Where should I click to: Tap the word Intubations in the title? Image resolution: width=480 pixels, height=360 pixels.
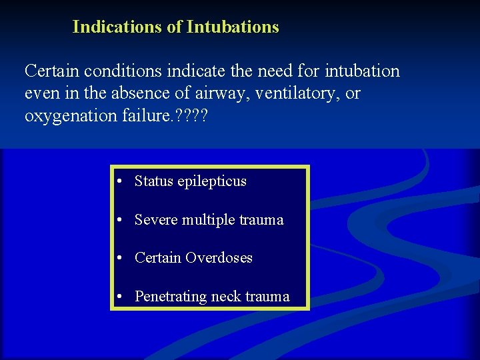[x=233, y=27]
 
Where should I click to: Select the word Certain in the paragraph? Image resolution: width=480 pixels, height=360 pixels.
[x=50, y=71]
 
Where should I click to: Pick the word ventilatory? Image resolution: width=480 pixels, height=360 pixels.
[x=300, y=93]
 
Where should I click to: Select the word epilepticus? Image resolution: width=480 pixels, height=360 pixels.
[x=211, y=181]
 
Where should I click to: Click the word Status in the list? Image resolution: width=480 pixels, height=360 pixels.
[x=153, y=181]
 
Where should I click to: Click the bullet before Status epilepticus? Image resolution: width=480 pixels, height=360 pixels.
[x=117, y=181]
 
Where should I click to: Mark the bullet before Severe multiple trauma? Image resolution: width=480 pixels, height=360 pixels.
[x=117, y=220]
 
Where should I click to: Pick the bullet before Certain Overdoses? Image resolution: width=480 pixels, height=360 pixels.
[x=117, y=258]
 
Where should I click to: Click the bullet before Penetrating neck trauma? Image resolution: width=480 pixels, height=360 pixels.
[x=117, y=297]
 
